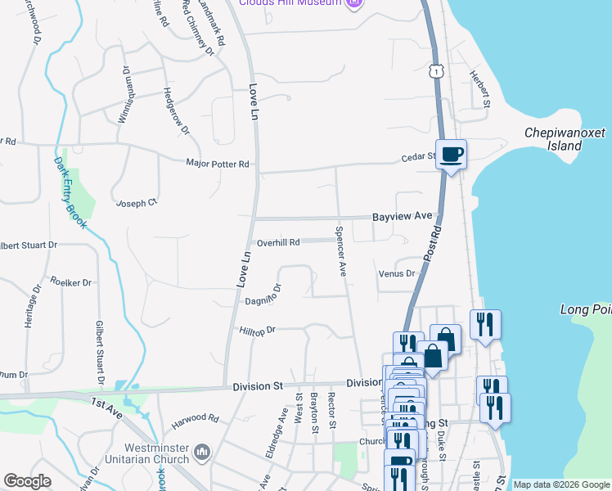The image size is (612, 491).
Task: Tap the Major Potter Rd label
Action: (217, 164)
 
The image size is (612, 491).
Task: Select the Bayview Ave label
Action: (402, 216)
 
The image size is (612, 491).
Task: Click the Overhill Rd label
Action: (278, 242)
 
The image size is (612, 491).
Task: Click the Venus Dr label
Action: (397, 273)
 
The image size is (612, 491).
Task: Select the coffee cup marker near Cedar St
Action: (451, 154)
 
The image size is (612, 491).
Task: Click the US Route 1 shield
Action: (439, 71)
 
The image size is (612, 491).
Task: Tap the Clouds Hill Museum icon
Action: (354, 3)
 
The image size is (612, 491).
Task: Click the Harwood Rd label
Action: (195, 421)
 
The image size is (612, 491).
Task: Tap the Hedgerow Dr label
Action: (176, 111)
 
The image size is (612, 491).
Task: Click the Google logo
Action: (27, 481)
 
